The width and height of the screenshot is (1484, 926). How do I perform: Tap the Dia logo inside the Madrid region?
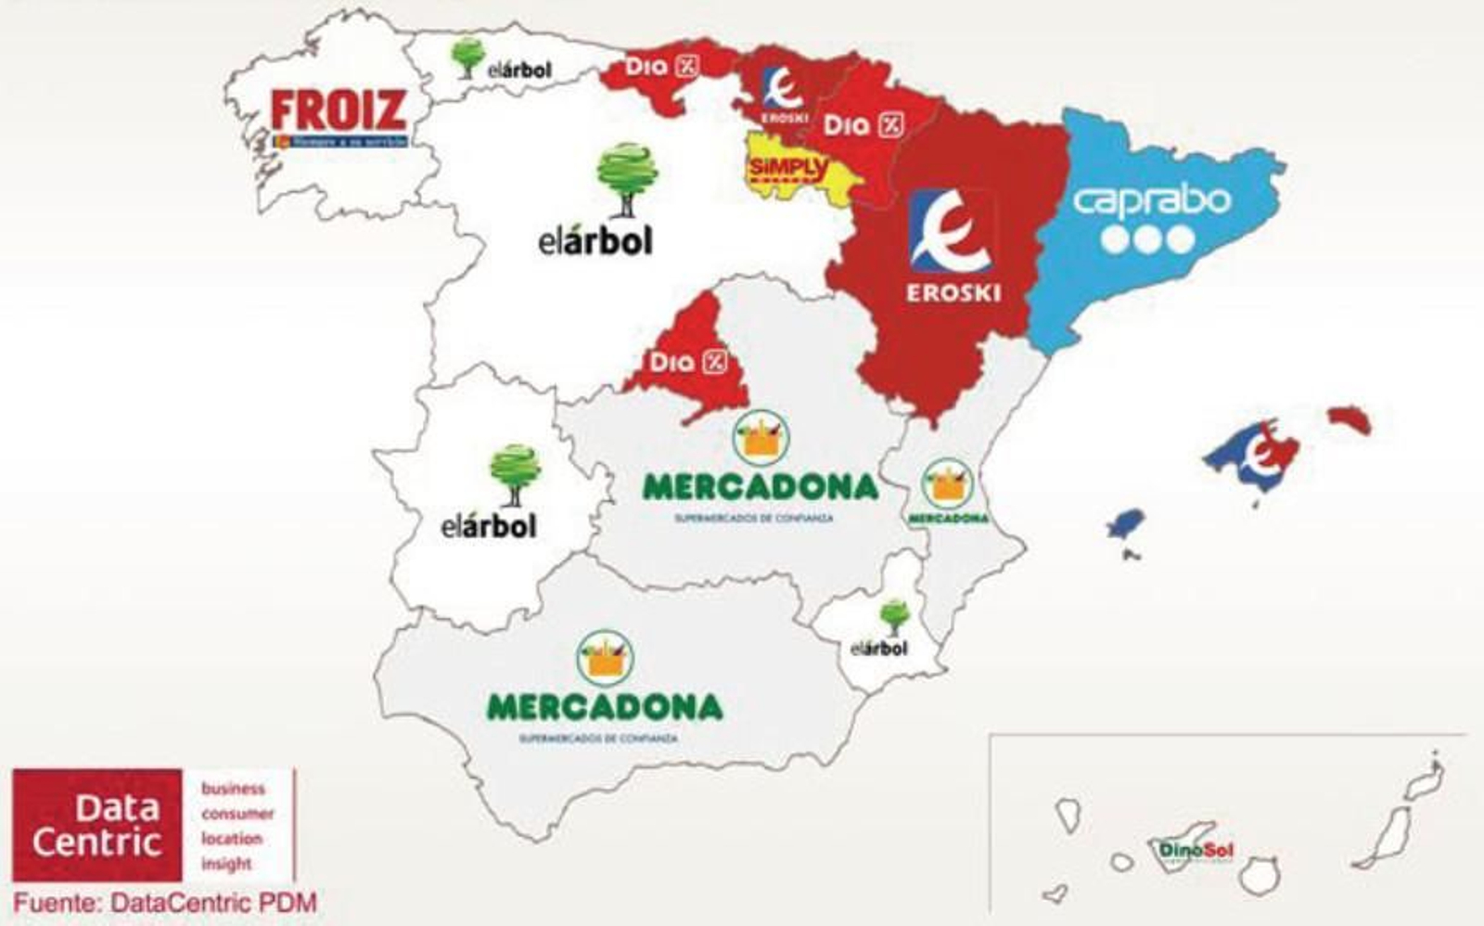687,361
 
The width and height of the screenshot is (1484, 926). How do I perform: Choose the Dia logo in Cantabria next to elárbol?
660,67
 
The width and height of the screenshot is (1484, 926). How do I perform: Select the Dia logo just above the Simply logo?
863,124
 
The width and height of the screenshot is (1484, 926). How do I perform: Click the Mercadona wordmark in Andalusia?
605,707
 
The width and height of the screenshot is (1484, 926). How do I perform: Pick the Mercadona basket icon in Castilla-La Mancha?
761,437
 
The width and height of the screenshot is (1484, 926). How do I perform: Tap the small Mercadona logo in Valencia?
947,493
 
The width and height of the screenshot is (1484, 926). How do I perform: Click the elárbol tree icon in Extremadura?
514,473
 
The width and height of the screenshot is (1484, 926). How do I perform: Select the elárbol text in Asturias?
519,70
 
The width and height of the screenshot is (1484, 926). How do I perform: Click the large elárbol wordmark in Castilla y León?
595,241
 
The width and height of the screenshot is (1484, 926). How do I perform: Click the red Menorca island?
1350,419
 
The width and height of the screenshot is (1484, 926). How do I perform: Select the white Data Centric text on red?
96,825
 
